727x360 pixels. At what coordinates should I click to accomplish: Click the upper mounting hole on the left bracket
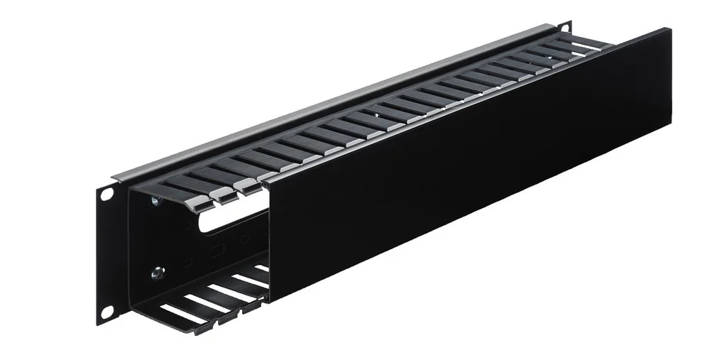tap(106, 193)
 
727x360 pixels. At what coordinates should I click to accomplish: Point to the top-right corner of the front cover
tap(669, 29)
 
